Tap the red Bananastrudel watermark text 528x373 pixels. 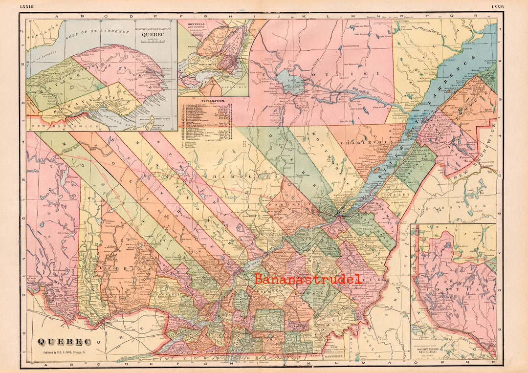[x=308, y=279]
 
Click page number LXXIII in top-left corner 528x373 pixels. [x=27, y=6]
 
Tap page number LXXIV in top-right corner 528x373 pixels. [x=498, y=6]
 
